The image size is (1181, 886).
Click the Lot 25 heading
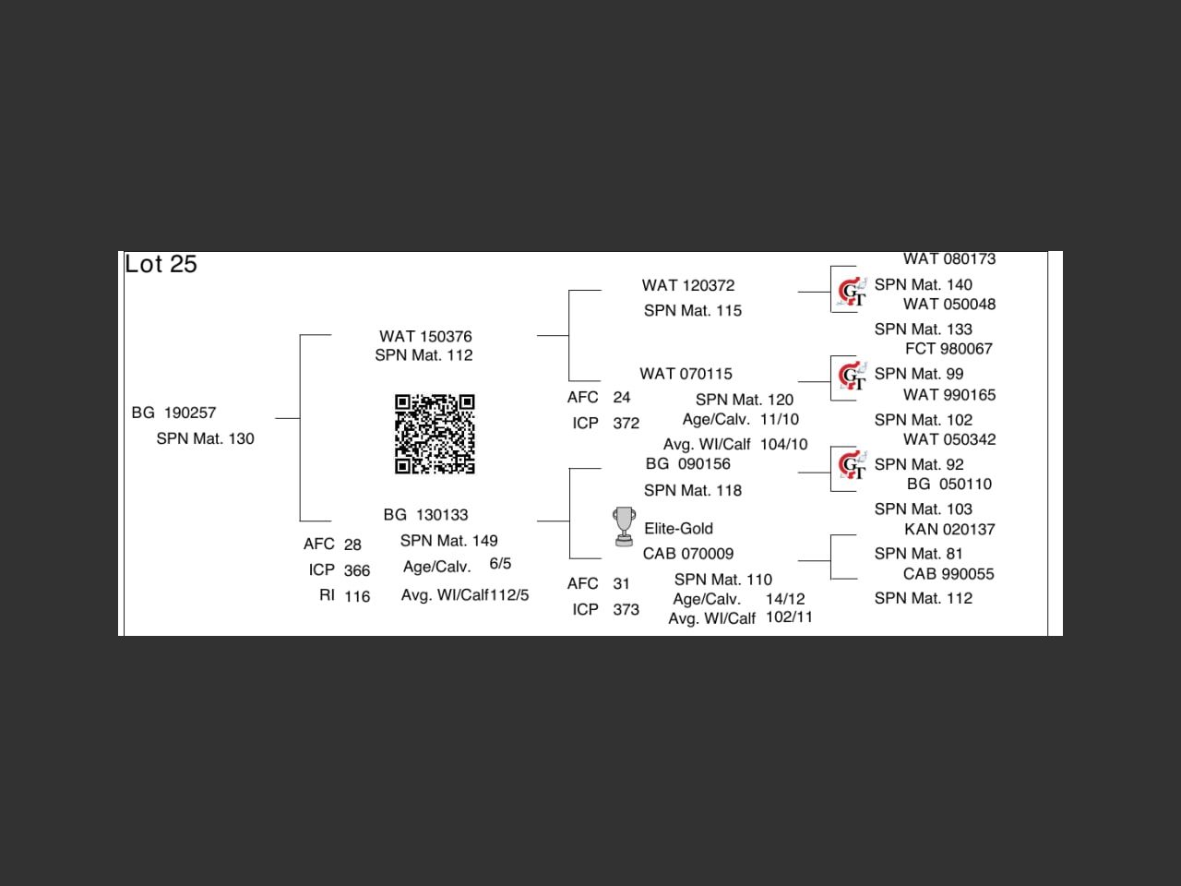point(161,264)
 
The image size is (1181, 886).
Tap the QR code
point(435,434)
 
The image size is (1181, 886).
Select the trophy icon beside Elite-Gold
point(625,526)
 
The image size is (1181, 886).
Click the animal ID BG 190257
point(173,413)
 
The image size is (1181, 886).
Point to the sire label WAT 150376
point(425,337)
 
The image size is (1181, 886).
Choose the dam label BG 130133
point(425,515)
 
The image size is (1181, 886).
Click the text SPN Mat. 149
point(448,541)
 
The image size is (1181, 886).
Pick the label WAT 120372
point(688,286)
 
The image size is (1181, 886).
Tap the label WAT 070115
point(686,374)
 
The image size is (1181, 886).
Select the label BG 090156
point(687,464)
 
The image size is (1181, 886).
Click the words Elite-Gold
point(678,529)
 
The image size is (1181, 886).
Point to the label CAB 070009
point(688,554)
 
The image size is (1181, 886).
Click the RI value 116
point(357,597)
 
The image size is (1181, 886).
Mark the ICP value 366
point(357,571)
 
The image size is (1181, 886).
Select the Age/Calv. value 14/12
point(785,599)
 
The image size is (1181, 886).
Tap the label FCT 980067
point(948,349)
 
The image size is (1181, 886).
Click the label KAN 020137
point(948,530)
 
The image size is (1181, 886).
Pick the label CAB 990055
point(948,574)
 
